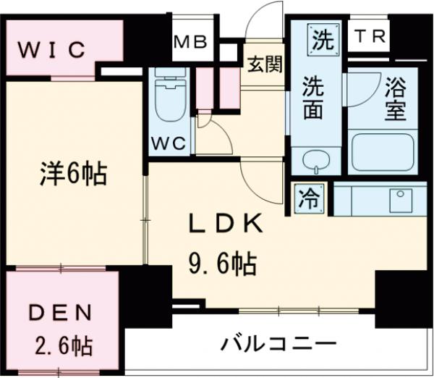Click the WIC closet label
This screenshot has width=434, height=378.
coord(52,50)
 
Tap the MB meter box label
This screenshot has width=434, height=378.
coord(191,42)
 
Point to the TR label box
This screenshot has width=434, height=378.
coord(368,34)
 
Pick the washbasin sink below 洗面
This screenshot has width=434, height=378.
coord(315,160)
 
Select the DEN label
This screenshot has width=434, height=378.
coord(61,314)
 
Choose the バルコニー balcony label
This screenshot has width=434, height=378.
coord(278,342)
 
